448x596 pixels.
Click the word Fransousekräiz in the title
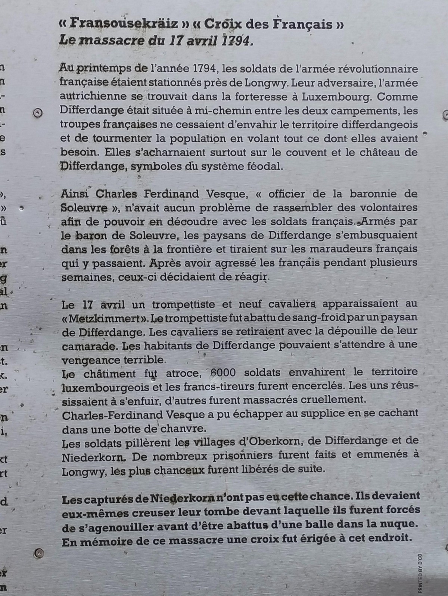pos(119,25)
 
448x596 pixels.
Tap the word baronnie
pos(377,194)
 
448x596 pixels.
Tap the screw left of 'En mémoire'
pos(38,553)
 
